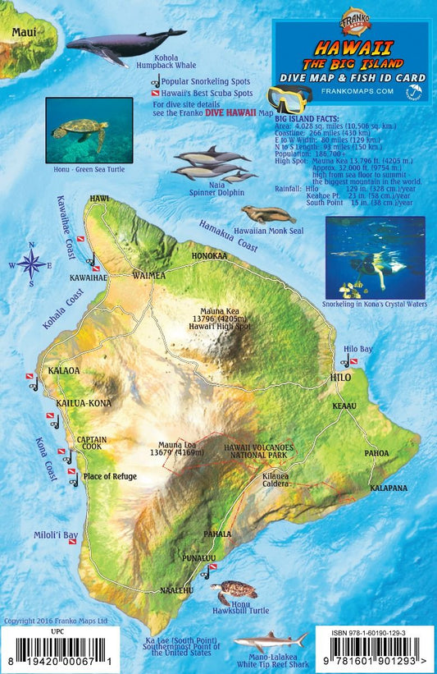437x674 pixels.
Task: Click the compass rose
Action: [x=31, y=264]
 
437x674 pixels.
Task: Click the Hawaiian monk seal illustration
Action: [x=267, y=215]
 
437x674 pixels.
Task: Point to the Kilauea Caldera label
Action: [x=275, y=480]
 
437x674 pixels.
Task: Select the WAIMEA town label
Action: [x=148, y=276]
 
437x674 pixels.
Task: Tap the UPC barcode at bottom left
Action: [x=56, y=653]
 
